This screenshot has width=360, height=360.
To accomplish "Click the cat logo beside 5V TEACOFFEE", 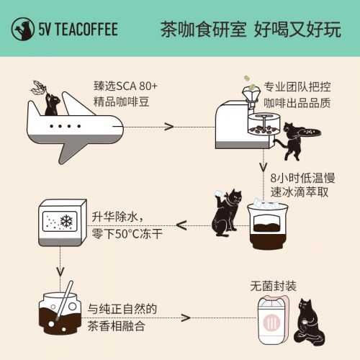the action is pyautogui.click(x=23, y=29).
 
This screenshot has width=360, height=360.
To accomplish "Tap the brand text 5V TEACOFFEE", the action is pyautogui.click(x=78, y=30).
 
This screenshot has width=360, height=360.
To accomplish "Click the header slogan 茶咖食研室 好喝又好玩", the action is pyautogui.click(x=251, y=30).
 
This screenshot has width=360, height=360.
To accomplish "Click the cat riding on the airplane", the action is pyautogui.click(x=53, y=104).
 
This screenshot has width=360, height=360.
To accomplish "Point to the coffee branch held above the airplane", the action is pyautogui.click(x=40, y=89).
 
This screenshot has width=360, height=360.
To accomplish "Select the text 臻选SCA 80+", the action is pyautogui.click(x=125, y=86).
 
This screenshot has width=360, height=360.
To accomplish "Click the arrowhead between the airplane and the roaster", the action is pyautogui.click(x=169, y=127).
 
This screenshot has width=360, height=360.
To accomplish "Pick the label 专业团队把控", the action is pyautogui.click(x=297, y=87).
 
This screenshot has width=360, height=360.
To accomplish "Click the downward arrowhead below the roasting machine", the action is pyautogui.click(x=264, y=167).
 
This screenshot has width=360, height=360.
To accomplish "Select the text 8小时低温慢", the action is pyautogui.click(x=302, y=178).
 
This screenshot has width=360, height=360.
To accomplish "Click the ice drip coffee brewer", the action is pyautogui.click(x=268, y=225).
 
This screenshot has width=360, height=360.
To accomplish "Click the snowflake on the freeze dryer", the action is pyautogui.click(x=66, y=221).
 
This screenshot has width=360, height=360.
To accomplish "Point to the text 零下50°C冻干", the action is pyautogui.click(x=127, y=234).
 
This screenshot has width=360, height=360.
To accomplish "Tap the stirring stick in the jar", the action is pyautogui.click(x=64, y=300).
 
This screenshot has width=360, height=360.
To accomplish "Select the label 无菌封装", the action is pyautogui.click(x=273, y=287).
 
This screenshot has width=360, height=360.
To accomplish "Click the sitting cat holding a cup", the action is pyautogui.click(x=309, y=322).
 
